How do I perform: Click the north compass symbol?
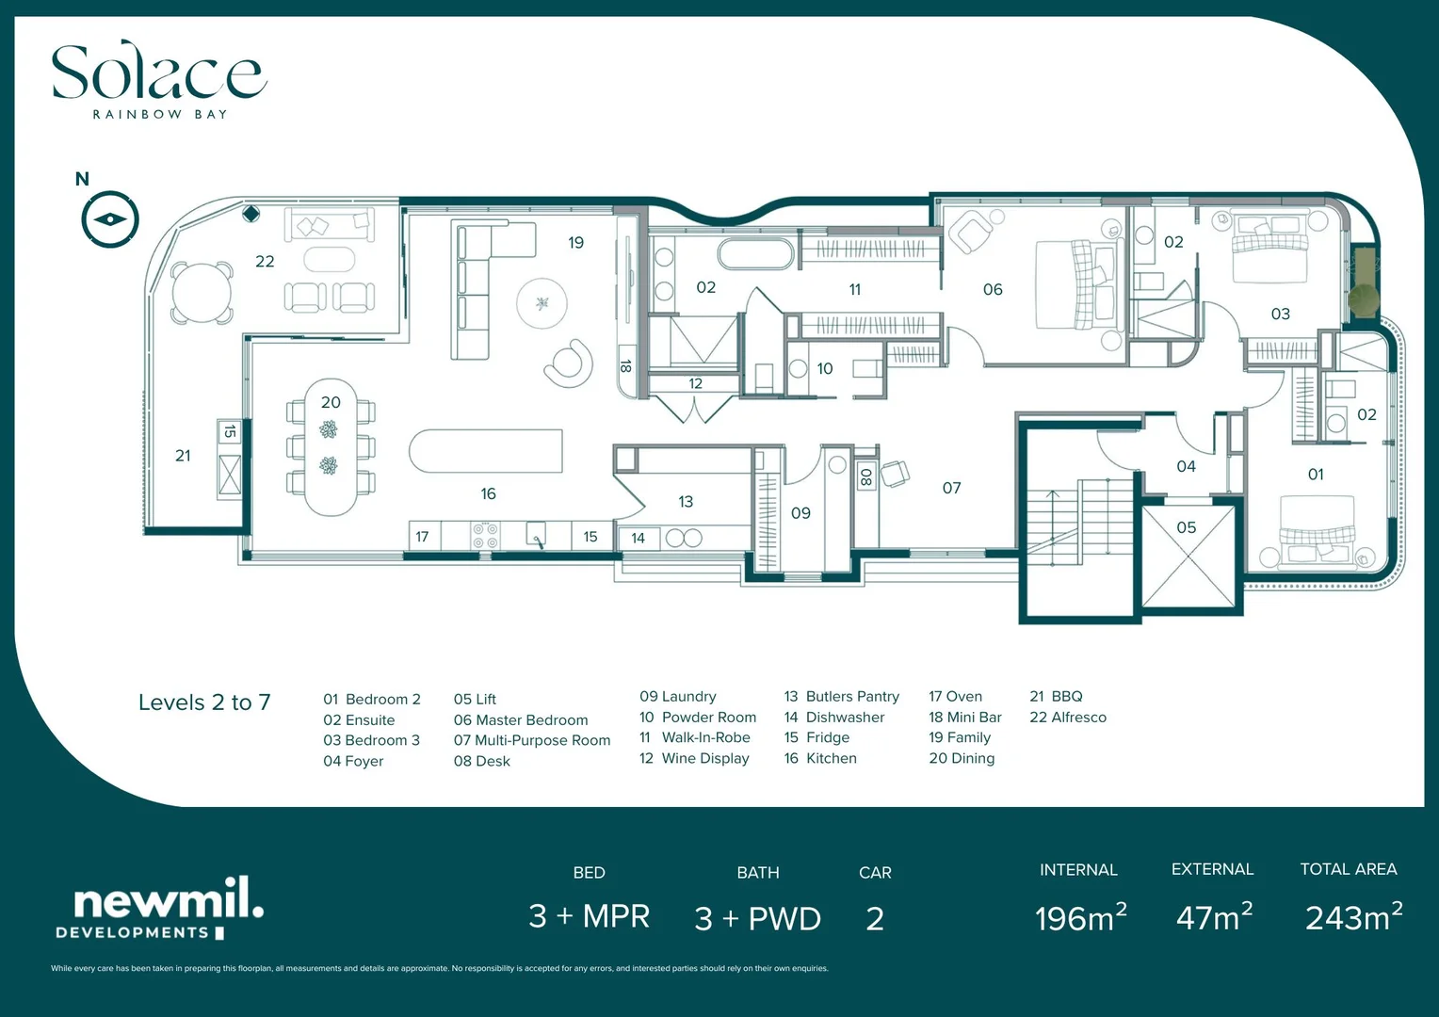[x=110, y=219]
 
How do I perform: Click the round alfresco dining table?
[x=201, y=293]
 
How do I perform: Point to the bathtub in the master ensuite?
[x=756, y=254]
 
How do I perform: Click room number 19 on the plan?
[x=575, y=243]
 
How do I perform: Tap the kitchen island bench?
[x=485, y=451]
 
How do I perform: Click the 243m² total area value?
[x=1353, y=917]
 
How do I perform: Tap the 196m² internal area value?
[x=1080, y=918]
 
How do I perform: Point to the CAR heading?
[x=875, y=873]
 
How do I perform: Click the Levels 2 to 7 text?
[x=204, y=702]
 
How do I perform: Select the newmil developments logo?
[x=160, y=909]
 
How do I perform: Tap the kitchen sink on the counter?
[x=535, y=536]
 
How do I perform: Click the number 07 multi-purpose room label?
[x=951, y=488]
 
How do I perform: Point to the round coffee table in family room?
[x=542, y=303]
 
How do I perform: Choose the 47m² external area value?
[x=1214, y=917]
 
